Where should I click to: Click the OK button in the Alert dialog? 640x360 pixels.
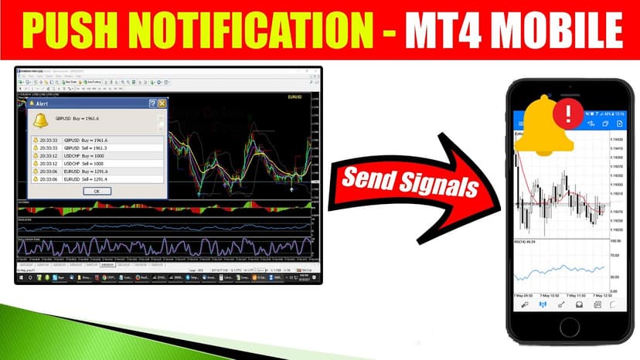[97, 190]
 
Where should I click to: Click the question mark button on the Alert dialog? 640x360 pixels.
[153, 103]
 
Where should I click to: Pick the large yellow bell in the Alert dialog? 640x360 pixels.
[39, 120]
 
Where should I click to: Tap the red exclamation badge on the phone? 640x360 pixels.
[569, 114]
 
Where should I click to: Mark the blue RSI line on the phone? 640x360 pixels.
[564, 270]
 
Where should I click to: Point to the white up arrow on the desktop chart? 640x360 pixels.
[291, 188]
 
